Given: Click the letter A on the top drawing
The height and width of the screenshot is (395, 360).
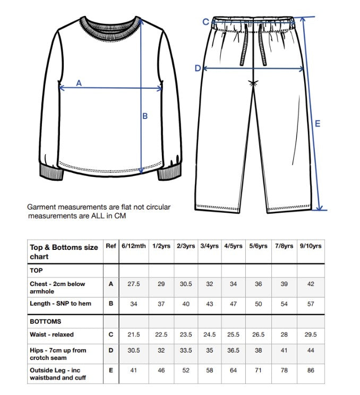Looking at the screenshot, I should (x=79, y=83).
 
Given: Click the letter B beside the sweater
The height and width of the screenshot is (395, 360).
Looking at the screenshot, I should (x=145, y=116).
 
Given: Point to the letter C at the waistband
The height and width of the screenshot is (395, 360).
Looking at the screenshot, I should (x=205, y=22).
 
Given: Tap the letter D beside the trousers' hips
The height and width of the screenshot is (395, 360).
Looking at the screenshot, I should (x=198, y=68).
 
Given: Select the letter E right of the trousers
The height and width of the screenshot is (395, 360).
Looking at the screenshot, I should (x=318, y=123).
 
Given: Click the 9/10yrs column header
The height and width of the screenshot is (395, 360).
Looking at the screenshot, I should (x=311, y=246).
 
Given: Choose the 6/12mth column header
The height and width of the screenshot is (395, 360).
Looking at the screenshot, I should (x=134, y=246).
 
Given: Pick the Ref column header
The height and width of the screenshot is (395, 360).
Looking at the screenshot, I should (x=110, y=246).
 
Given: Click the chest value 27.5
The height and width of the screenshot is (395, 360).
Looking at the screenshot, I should (x=134, y=284).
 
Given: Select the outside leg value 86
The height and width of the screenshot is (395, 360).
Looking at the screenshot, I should (x=311, y=370).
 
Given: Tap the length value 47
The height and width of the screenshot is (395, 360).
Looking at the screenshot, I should (x=233, y=304).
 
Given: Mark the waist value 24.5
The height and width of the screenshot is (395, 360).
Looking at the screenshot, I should (x=210, y=334).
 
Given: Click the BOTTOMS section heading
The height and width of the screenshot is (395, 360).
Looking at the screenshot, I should (x=45, y=322).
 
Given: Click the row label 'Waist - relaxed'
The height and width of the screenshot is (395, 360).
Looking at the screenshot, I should (x=52, y=334).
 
